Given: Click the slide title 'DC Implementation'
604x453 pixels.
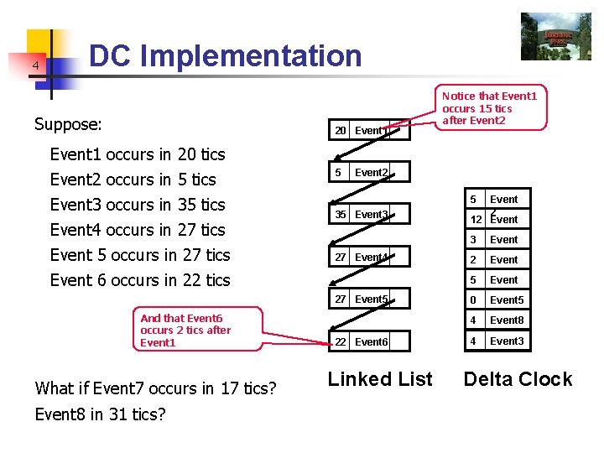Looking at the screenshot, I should tap(225, 56).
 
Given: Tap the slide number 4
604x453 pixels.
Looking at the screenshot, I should tap(36, 65).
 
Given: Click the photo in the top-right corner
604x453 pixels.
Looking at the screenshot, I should tap(555, 36).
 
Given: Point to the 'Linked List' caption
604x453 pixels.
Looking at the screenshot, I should tap(380, 379).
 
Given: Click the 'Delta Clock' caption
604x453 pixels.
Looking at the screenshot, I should tap(518, 379).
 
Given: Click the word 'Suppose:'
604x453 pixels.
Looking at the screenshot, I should tap(68, 125).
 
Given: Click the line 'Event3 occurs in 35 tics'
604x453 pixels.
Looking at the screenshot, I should tap(138, 205).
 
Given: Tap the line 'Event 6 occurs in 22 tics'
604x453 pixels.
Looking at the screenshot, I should tap(140, 280).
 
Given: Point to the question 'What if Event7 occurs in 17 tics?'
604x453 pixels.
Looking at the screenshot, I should tap(155, 388).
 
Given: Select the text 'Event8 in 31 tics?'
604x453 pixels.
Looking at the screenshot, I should tap(100, 414).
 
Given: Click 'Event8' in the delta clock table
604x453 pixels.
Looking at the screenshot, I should tap(507, 320).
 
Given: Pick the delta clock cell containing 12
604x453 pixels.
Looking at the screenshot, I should tap(475, 220).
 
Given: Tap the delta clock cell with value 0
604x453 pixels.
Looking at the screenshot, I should tap(474, 300).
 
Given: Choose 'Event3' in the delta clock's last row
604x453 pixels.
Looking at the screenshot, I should tap(507, 341).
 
